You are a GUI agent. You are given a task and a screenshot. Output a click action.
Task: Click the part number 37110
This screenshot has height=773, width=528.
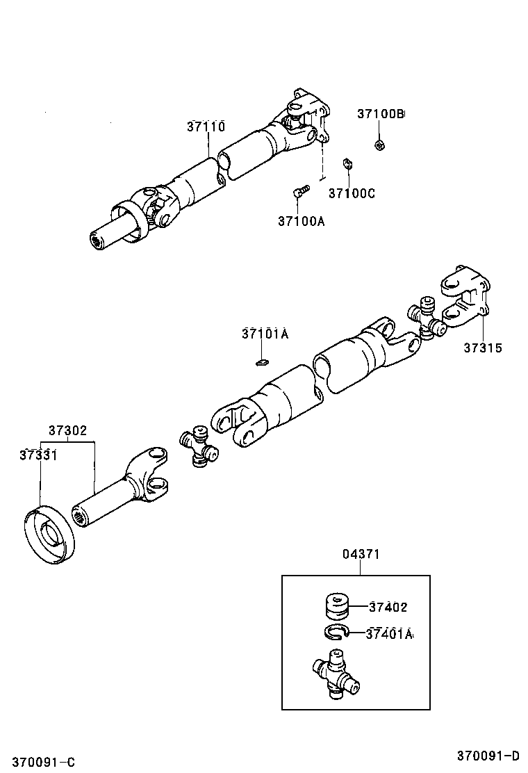pos(206,127)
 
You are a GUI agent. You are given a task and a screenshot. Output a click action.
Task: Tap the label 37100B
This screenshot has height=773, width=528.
pos(380,114)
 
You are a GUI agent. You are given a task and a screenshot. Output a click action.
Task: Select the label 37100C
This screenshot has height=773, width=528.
pos(352,193)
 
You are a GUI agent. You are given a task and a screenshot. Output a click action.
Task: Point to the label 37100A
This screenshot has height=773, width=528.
pos(301,221)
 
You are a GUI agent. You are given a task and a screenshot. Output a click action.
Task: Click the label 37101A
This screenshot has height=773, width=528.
pos(265,334)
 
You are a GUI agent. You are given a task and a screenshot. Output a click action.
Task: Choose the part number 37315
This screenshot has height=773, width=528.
pos(483,348)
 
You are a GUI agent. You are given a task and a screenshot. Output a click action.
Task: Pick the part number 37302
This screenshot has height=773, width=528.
pos(67,430)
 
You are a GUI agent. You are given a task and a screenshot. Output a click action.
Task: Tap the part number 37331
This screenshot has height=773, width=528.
pos(38,455)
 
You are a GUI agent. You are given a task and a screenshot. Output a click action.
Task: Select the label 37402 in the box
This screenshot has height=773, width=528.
pos(388,607)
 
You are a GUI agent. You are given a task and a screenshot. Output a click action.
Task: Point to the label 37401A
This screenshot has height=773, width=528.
pos(390,633)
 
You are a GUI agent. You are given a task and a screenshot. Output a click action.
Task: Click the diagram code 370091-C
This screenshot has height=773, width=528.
pos(47,762)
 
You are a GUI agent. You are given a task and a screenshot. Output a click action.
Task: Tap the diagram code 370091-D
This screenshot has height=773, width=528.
pos(488,756)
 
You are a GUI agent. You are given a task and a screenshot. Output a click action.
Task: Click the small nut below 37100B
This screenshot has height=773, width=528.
pos(380,145)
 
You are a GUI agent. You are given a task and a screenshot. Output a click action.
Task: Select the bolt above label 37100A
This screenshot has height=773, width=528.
pos(301,190)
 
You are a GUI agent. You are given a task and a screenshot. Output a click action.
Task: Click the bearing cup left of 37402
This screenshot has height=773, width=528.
pos(337,605)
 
